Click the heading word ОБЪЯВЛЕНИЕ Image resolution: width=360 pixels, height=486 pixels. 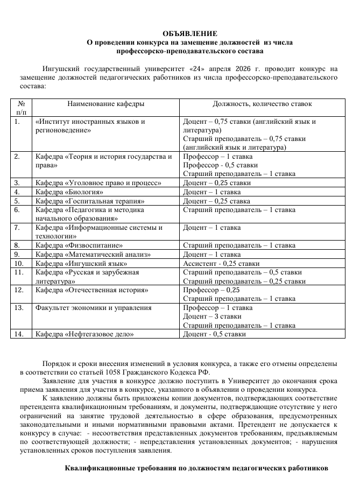click(x=190, y=33)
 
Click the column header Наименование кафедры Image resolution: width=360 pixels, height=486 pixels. click(x=105, y=103)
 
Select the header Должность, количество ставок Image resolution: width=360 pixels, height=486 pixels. click(x=262, y=103)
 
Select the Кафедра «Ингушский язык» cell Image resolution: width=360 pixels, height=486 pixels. click(x=81, y=263)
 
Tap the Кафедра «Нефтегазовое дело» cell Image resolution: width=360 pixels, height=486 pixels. click(x=84, y=334)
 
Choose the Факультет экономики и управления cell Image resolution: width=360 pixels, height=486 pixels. click(x=93, y=308)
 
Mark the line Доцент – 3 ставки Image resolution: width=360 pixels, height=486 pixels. click(x=212, y=316)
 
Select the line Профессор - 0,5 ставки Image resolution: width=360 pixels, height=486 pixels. click(x=216, y=165)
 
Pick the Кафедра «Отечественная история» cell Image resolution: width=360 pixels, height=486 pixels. click(x=91, y=290)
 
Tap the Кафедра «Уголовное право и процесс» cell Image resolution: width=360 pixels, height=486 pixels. click(x=98, y=183)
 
